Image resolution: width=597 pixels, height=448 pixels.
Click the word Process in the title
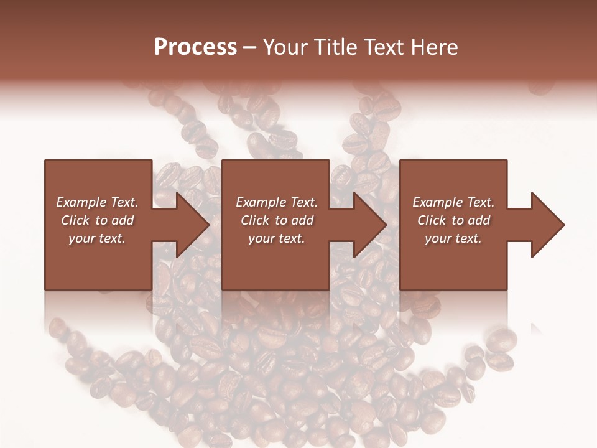(195, 47)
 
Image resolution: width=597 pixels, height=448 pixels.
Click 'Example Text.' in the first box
(97, 202)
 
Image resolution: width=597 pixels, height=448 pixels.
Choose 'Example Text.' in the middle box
(277, 202)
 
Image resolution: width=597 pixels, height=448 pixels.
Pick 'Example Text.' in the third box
(453, 202)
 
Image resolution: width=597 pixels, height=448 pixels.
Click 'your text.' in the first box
(97, 238)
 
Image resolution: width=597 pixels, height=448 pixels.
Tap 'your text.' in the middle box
(277, 238)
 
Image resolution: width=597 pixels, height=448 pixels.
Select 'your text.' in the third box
(453, 238)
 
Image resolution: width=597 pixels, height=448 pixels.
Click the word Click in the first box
(76, 220)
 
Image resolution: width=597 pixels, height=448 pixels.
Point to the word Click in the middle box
(256, 220)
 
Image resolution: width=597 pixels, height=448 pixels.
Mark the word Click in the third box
(432, 220)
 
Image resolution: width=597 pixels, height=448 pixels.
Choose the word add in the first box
(123, 220)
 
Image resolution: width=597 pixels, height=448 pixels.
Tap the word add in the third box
(479, 220)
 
